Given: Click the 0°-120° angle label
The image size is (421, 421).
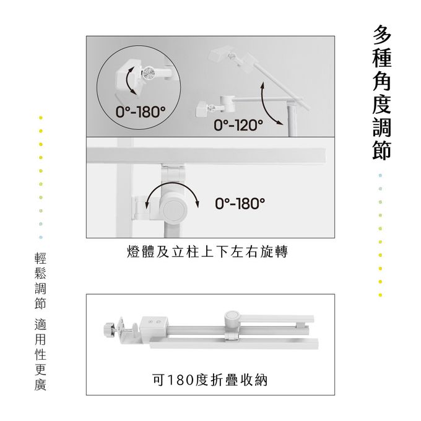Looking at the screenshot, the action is click(238, 125).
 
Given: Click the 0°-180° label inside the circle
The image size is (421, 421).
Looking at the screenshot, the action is click(141, 112).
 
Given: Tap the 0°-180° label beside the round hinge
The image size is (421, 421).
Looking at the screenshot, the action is click(240, 203).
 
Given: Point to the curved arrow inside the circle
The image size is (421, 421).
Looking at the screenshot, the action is click(128, 80).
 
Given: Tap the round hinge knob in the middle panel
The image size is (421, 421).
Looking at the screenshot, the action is click(174, 209).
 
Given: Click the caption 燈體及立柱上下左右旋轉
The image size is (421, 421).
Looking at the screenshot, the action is click(207, 252).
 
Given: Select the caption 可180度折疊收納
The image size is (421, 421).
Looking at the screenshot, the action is click(210, 380).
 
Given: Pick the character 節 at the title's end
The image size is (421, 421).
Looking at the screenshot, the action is click(382, 150).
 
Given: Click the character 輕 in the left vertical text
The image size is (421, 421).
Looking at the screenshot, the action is click(40, 258).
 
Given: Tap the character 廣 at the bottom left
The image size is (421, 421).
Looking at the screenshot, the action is click(40, 384).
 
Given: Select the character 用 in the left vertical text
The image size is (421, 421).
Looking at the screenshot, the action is click(40, 339).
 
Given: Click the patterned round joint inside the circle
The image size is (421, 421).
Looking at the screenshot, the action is click(148, 72).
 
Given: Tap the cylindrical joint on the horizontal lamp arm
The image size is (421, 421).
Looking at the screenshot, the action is click(227, 103).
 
